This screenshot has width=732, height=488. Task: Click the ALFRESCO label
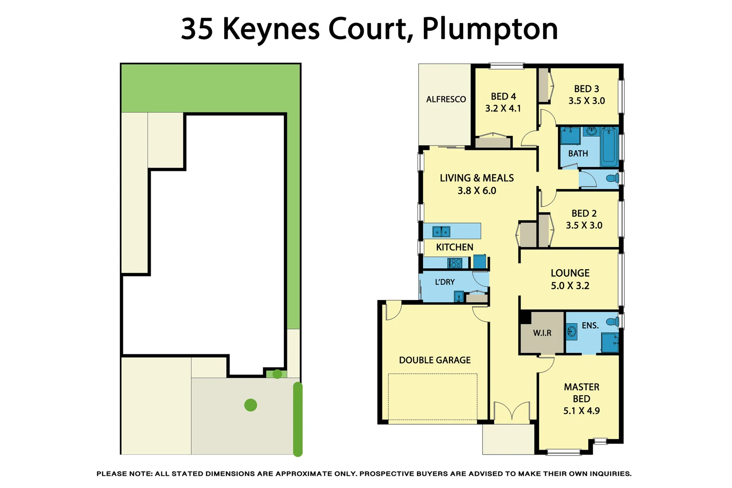click(446, 99)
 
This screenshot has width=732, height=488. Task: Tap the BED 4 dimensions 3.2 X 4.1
click(503, 108)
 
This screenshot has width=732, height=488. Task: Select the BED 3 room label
click(586, 89)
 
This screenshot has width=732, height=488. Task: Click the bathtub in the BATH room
click(609, 147)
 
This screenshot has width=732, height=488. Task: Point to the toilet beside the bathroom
click(612, 178)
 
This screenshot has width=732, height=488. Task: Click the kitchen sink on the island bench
click(441, 232)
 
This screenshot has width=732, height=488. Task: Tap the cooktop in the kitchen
click(455, 263)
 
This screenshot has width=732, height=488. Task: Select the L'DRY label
click(445, 282)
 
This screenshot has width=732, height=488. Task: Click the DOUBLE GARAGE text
click(435, 360)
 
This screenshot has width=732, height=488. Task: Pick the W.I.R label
click(542, 333)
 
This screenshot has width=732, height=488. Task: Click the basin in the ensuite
click(572, 332)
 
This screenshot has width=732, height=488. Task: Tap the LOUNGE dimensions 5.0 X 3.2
click(570, 286)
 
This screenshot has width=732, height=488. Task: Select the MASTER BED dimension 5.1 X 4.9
click(581, 411)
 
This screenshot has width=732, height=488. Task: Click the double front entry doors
click(511, 412)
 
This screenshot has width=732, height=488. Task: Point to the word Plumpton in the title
click(490, 29)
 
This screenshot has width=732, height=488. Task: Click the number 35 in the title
click(197, 29)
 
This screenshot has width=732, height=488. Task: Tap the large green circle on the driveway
click(250, 405)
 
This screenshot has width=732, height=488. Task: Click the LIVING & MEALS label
click(477, 178)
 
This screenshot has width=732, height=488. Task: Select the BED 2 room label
click(584, 213)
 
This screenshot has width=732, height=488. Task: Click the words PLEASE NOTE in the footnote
click(124, 474)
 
